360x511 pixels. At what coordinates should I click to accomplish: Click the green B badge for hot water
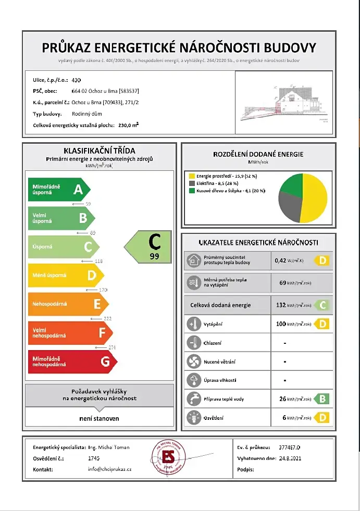coord(321,399)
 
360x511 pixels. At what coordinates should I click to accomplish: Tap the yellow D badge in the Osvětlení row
coord(321,418)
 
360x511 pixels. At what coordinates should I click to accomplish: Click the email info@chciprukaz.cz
coord(110,469)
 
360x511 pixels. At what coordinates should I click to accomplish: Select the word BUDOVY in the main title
coord(290,48)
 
